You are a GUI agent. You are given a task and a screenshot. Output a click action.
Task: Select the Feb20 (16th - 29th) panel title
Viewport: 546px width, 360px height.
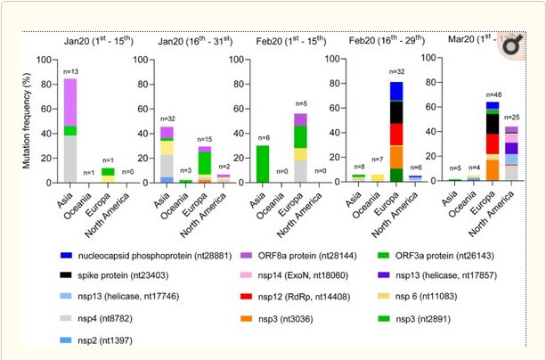point(374,41)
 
